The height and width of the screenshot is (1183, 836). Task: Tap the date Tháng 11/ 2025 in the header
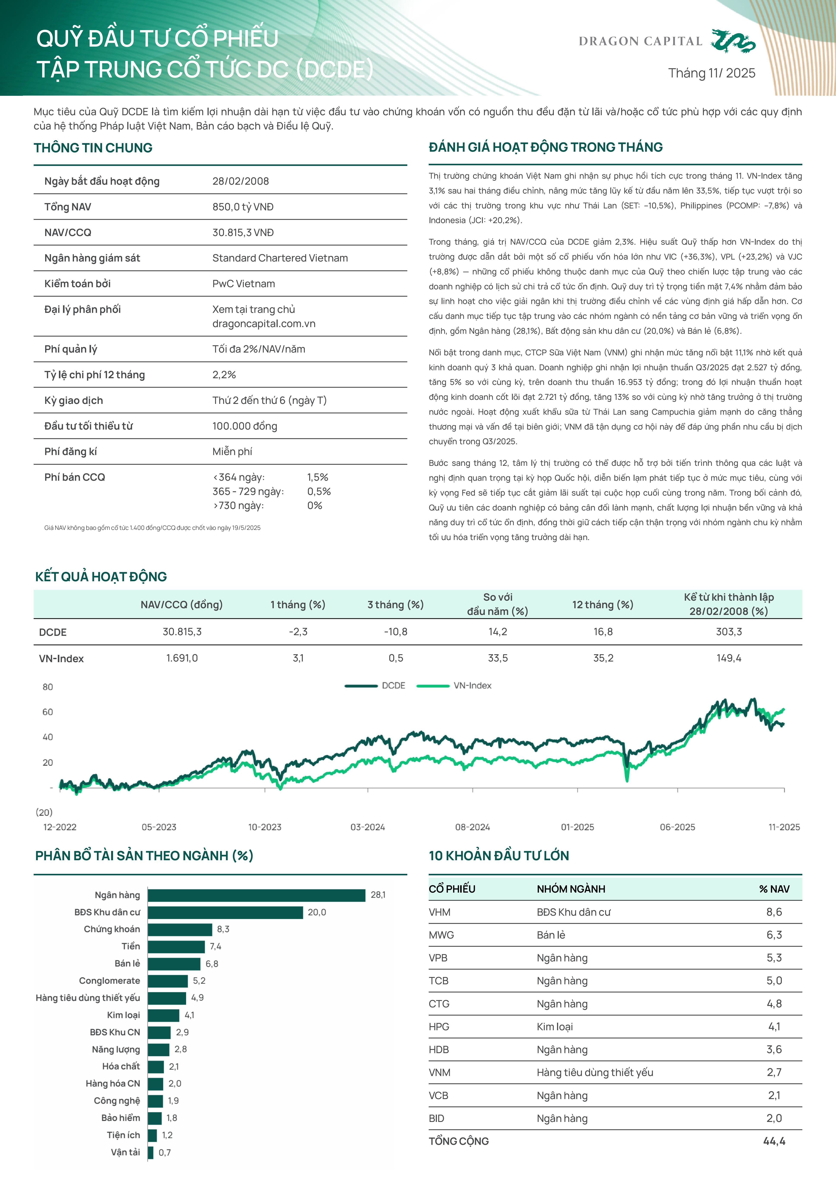point(711,73)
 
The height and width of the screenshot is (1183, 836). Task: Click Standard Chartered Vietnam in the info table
point(280,258)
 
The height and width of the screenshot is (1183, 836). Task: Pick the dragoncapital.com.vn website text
point(264,324)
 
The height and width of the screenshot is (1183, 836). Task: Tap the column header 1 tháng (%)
point(298,604)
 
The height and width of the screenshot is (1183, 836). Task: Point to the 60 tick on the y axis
point(48,712)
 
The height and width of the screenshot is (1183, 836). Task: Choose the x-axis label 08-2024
point(472,827)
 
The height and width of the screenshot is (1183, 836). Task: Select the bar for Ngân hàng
point(256,895)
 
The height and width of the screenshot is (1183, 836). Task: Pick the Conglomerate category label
point(109,980)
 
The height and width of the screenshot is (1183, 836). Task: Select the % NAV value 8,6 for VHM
point(774,912)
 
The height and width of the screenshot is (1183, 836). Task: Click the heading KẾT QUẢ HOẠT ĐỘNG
point(101,577)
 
